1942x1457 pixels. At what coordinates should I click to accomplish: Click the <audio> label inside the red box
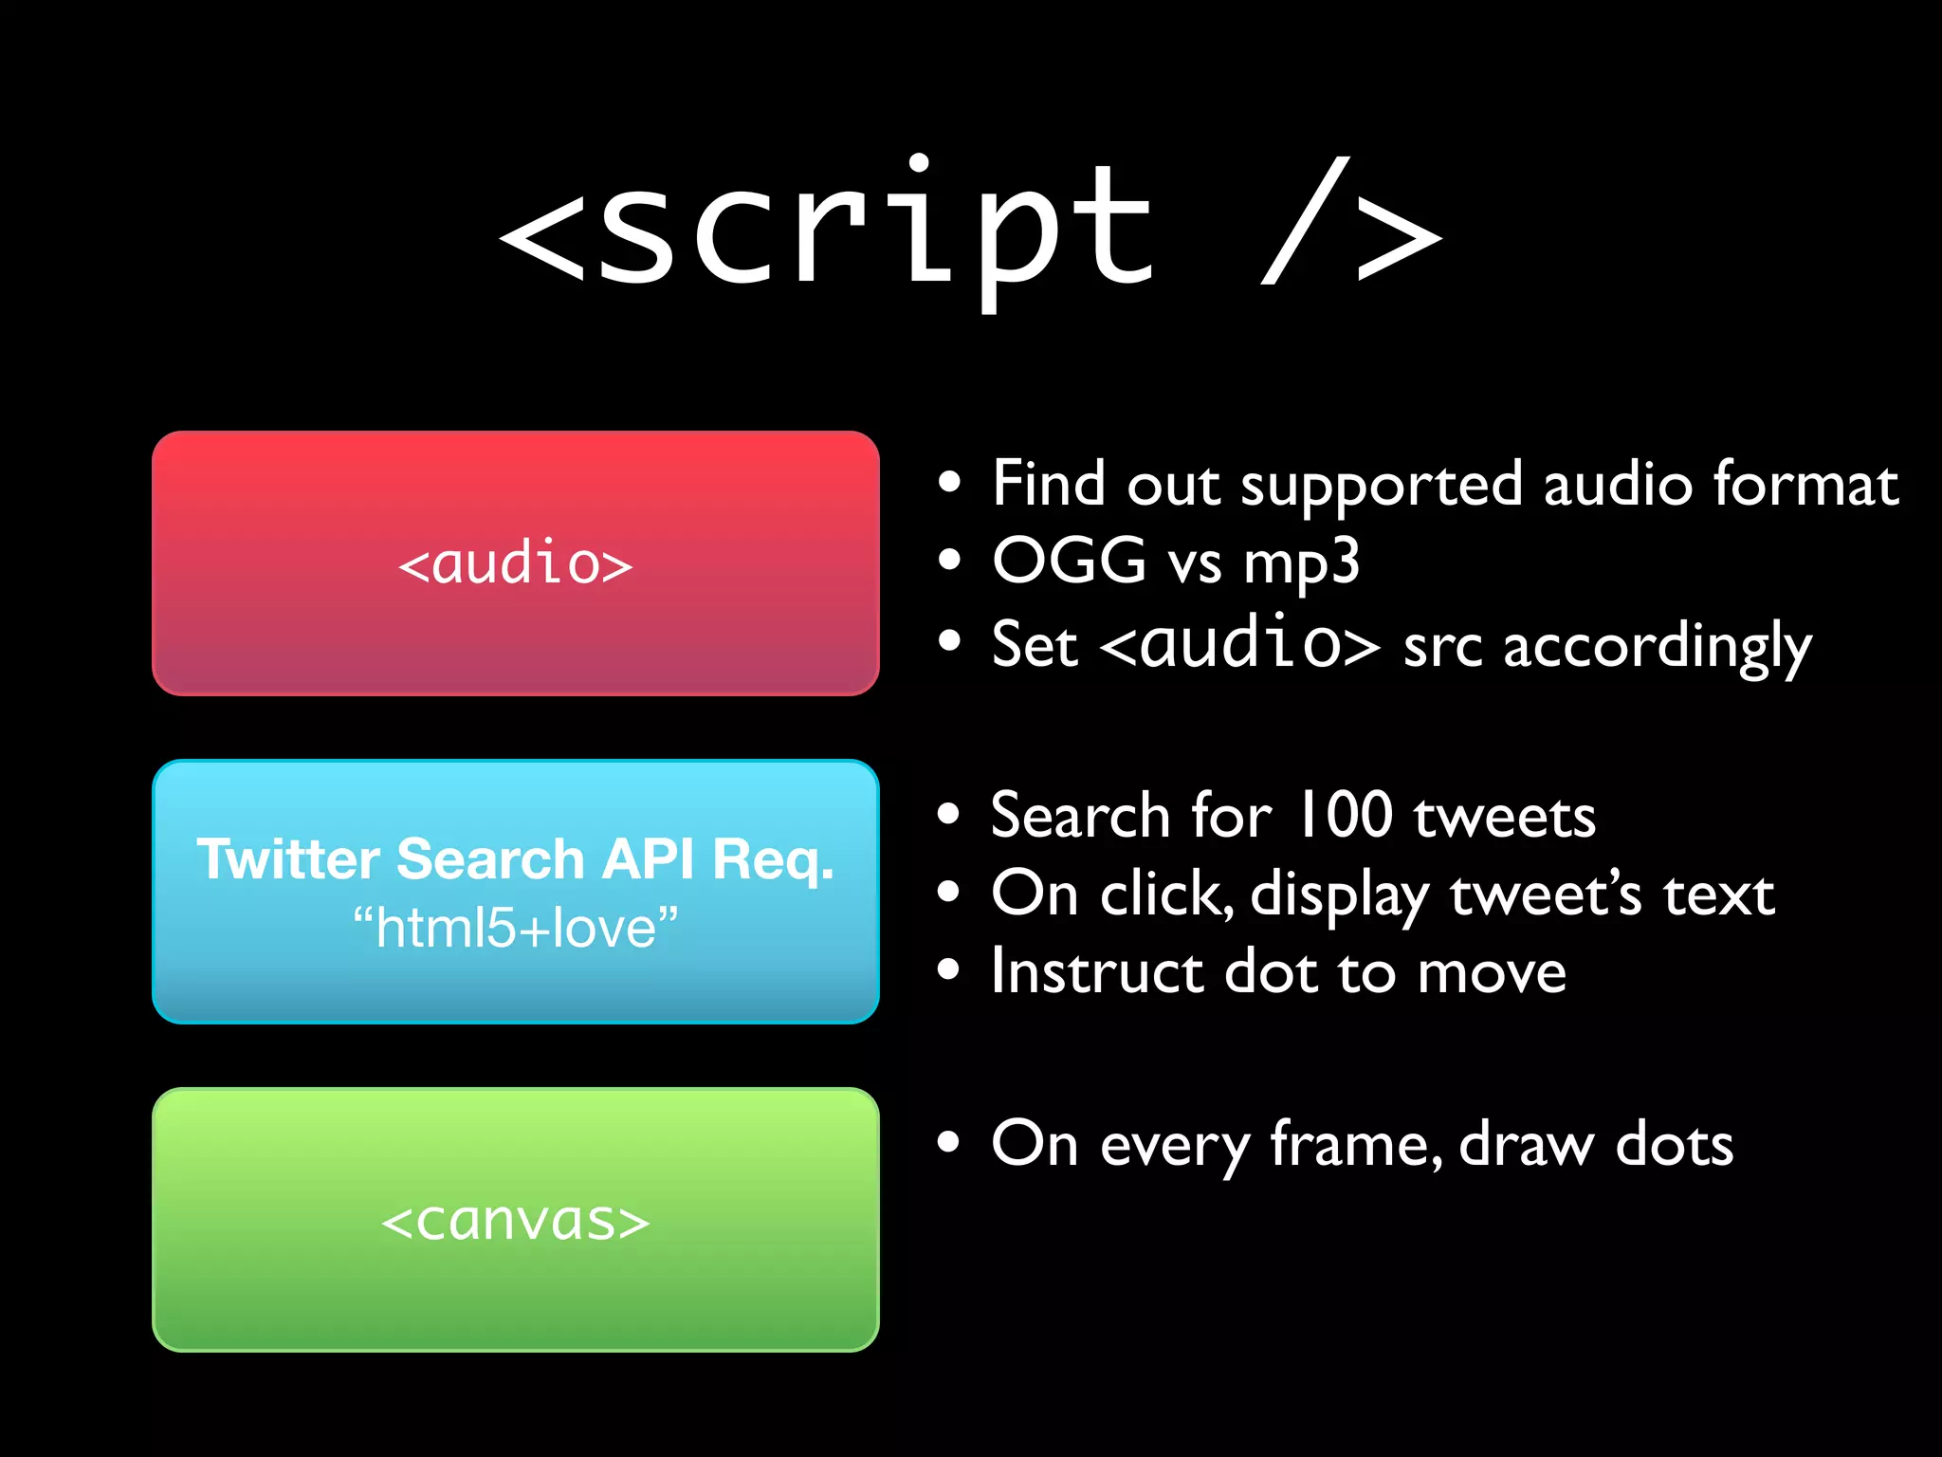tap(515, 563)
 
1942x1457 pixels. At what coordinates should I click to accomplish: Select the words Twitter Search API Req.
tap(515, 859)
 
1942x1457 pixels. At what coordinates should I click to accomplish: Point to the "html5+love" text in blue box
tap(515, 928)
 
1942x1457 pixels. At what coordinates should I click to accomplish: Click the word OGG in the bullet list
tap(1069, 561)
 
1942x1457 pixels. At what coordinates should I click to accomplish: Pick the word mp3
tap(1301, 563)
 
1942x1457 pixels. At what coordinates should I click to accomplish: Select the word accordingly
tap(1657, 648)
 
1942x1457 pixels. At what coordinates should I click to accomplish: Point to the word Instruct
tap(1096, 971)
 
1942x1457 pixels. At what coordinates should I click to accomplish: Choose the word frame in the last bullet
tap(1356, 1144)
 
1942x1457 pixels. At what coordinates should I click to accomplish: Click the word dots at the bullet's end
tap(1675, 1144)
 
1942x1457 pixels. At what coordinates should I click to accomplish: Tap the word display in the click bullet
tap(1339, 895)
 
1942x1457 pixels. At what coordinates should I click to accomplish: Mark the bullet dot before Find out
tap(948, 483)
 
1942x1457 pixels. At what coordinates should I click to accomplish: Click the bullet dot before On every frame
tap(948, 1142)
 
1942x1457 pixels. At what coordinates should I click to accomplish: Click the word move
tap(1492, 973)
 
